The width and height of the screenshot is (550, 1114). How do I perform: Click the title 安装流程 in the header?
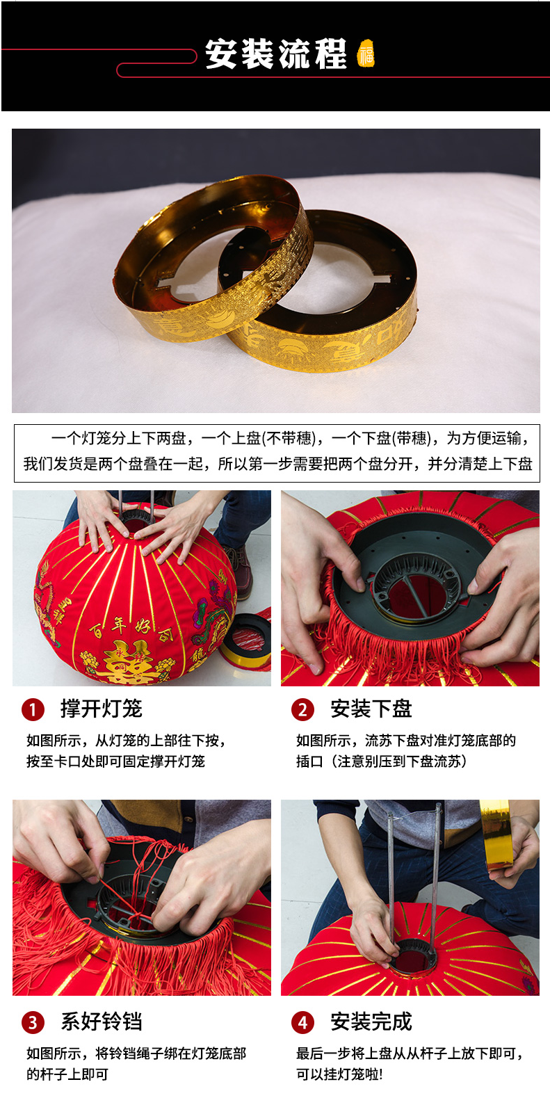click(x=276, y=54)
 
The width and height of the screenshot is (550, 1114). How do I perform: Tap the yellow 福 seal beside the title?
click(x=366, y=54)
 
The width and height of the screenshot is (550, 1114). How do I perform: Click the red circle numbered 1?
click(x=33, y=710)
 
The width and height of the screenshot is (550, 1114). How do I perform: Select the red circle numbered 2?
click(x=303, y=710)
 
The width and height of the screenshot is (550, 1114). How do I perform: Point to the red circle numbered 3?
click(x=33, y=1022)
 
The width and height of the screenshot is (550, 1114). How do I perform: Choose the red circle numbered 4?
click(x=303, y=1022)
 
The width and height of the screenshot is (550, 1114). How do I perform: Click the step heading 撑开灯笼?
click(x=102, y=709)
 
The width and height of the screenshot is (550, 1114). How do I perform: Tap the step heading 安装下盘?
click(x=371, y=709)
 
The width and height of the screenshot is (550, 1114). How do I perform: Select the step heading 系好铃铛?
click(x=102, y=1022)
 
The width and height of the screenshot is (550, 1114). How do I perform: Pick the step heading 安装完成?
click(x=371, y=1022)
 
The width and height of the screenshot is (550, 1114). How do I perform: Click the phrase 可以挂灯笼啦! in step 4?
click(x=339, y=1074)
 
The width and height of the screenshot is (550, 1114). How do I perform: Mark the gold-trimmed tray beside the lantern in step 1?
click(x=247, y=642)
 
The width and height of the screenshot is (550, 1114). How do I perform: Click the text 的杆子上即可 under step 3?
click(x=67, y=1074)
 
